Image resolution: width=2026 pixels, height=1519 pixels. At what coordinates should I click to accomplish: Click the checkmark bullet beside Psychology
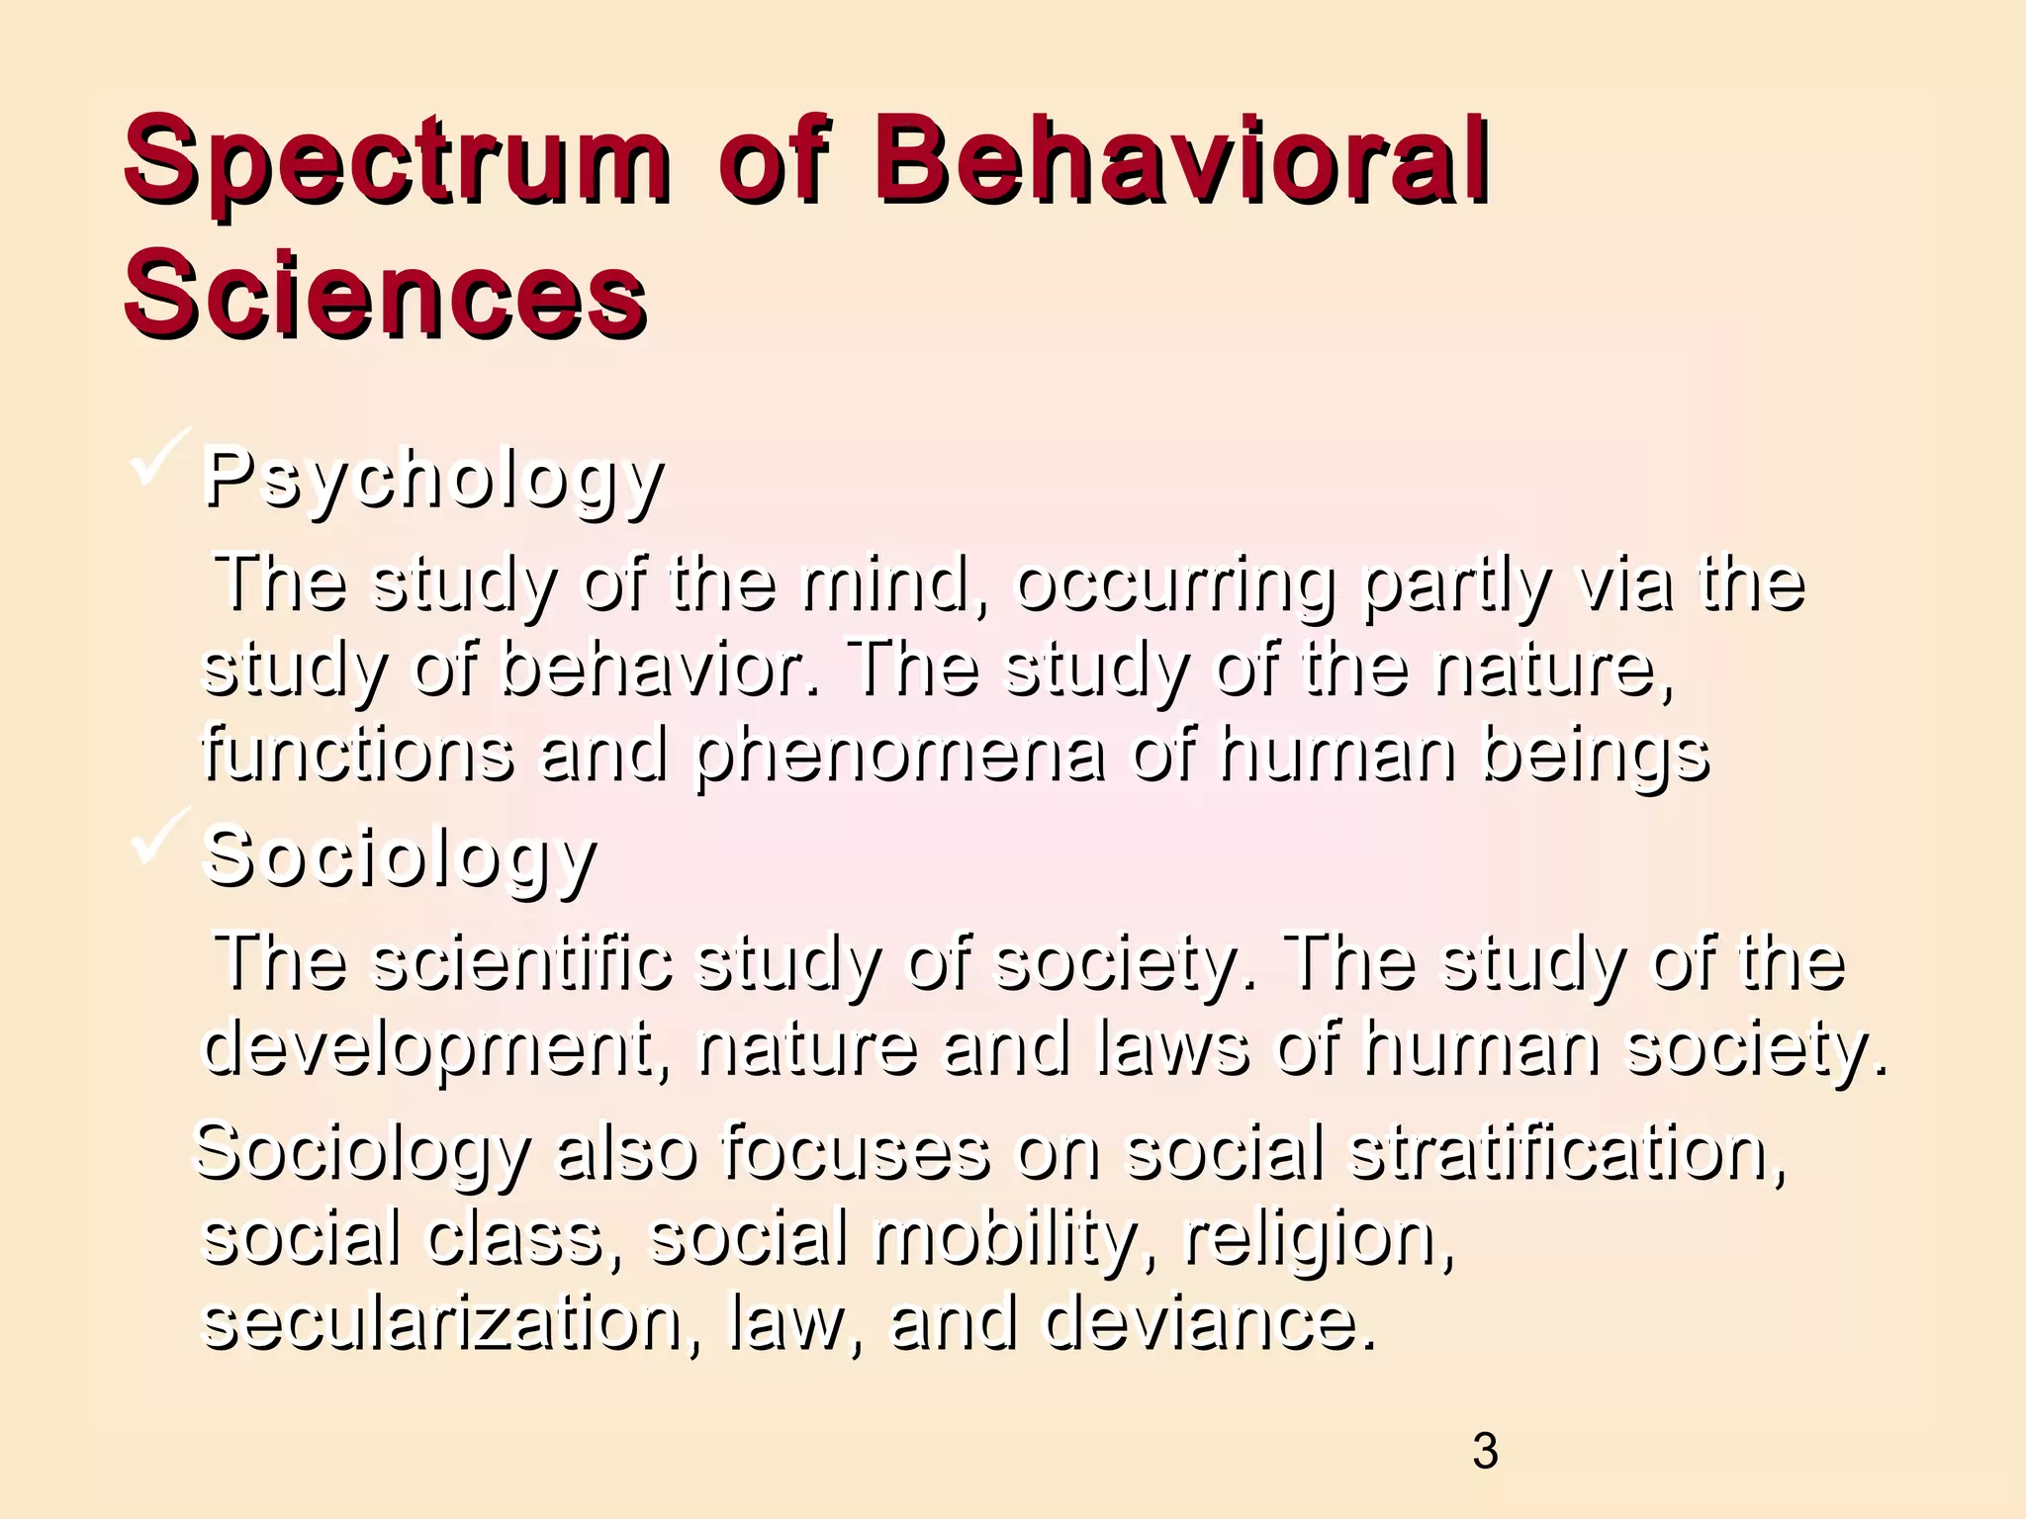(158, 458)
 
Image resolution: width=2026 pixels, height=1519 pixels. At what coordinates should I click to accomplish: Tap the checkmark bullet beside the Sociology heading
(158, 837)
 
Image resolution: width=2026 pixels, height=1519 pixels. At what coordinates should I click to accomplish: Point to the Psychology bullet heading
(433, 480)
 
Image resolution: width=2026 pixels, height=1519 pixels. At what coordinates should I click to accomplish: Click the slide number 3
(1485, 1452)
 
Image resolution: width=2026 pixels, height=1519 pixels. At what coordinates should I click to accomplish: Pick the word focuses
(856, 1152)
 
